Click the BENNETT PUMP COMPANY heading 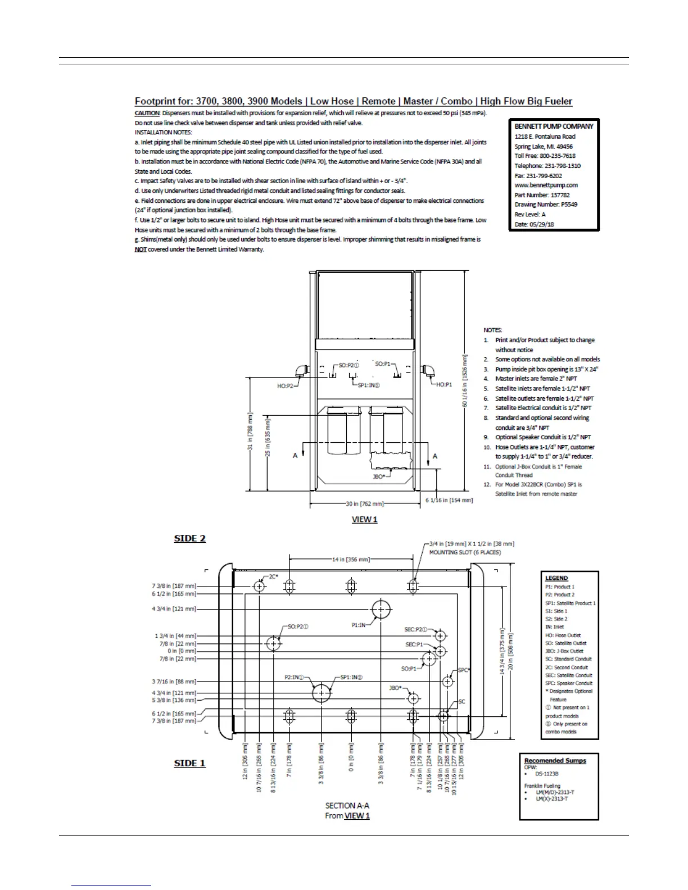[554, 126]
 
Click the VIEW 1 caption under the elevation [364, 520]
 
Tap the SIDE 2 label [190, 538]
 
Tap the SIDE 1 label [190, 763]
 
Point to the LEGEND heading [556, 578]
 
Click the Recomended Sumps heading [555, 761]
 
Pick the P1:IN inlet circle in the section [381, 610]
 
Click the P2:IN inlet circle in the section [322, 693]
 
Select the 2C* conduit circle [259, 587]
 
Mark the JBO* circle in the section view [414, 698]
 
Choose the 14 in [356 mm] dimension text [351, 560]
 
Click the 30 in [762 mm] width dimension [365, 504]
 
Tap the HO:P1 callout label [444, 385]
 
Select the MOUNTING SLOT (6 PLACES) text [465, 552]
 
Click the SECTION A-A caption [347, 805]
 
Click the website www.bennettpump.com [546, 185]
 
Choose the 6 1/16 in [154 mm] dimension [449, 500]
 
